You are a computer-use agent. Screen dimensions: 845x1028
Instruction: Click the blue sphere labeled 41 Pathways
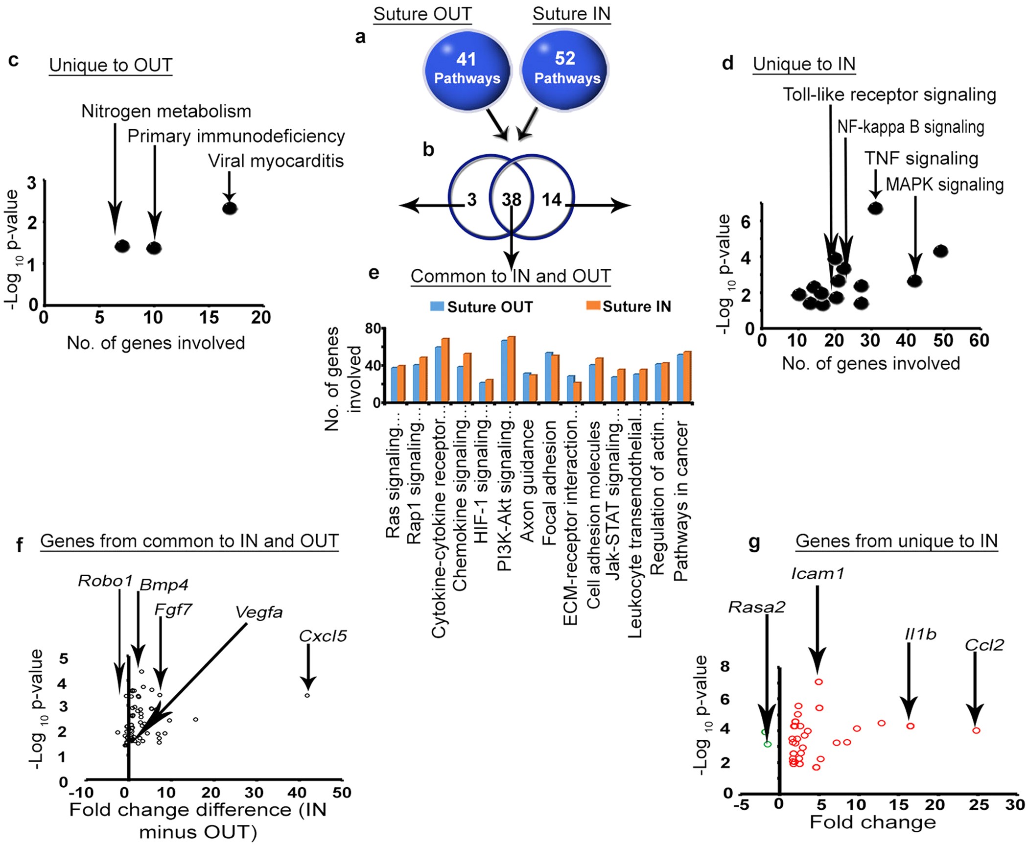point(467,69)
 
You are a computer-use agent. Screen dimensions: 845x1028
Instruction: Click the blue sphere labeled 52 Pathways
point(565,69)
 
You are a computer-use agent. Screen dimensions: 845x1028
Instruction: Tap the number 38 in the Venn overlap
point(512,199)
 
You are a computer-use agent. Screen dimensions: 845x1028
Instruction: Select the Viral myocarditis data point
point(230,208)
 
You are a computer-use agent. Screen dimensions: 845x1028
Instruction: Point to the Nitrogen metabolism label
point(166,112)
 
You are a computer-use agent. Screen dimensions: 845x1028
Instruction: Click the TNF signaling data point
point(875,208)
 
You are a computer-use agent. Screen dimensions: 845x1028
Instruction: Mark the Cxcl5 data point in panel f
point(307,695)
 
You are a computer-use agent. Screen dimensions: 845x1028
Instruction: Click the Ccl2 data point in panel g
point(976,730)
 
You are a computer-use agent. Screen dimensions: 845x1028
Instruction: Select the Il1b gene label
point(920,634)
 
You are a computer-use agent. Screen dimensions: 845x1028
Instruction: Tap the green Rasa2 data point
point(767,744)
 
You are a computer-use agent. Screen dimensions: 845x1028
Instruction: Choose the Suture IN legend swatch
point(593,306)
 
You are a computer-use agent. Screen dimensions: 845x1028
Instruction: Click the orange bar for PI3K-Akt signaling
point(512,370)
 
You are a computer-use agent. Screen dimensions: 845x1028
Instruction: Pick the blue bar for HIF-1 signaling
point(482,392)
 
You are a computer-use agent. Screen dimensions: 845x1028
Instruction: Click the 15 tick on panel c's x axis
point(209,318)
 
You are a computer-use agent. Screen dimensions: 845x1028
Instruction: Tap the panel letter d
point(727,64)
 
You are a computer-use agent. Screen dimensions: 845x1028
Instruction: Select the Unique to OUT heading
point(111,65)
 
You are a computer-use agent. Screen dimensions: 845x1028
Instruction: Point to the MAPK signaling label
point(945,185)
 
